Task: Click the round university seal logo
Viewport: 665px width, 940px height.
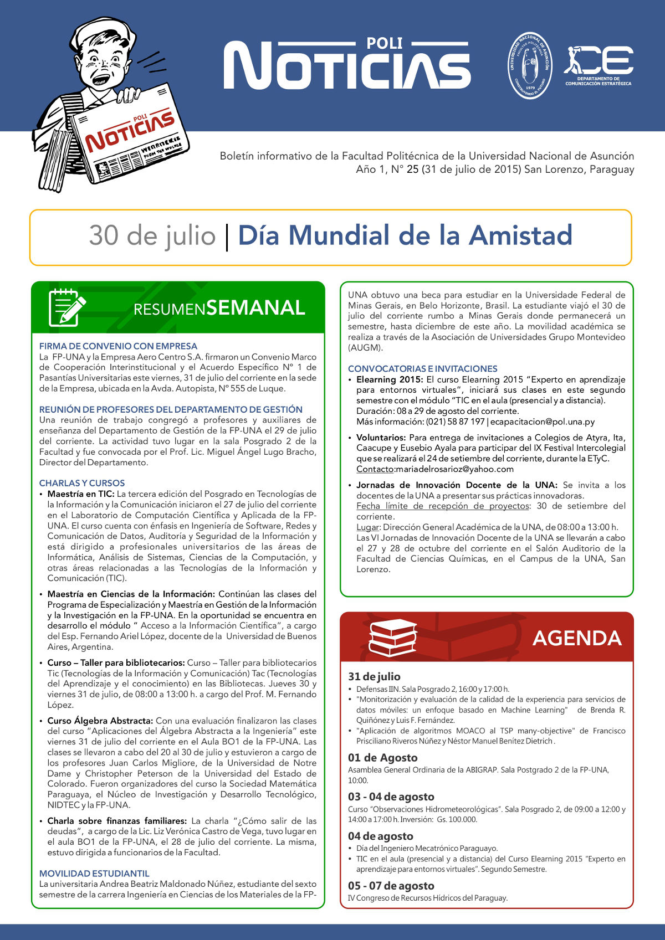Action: tap(530, 65)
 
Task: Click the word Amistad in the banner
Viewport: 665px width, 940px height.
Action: tap(520, 235)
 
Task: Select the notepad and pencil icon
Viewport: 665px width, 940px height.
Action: tap(67, 307)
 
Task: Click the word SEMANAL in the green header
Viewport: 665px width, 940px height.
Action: tap(255, 307)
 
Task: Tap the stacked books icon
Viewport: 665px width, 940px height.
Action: tap(393, 638)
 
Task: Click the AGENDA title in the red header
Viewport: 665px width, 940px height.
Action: tap(577, 638)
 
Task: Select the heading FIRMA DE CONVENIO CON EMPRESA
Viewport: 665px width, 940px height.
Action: tap(118, 346)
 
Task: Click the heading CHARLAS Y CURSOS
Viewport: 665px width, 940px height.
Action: tap(82, 483)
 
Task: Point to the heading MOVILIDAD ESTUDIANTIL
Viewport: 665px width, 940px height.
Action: tap(94, 874)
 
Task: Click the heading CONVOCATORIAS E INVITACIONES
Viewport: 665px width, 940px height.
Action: tap(423, 368)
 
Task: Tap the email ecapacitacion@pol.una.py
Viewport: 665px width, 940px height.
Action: tap(543, 422)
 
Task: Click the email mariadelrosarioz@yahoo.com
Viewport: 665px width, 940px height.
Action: tap(455, 469)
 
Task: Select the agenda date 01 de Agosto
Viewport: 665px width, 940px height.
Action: tap(382, 758)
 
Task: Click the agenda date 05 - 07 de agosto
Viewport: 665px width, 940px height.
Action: tap(391, 886)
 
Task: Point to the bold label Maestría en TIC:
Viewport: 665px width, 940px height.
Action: tap(81, 494)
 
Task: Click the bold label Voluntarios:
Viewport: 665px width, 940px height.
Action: tap(381, 438)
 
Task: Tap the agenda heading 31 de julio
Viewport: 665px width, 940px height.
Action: tap(374, 676)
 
